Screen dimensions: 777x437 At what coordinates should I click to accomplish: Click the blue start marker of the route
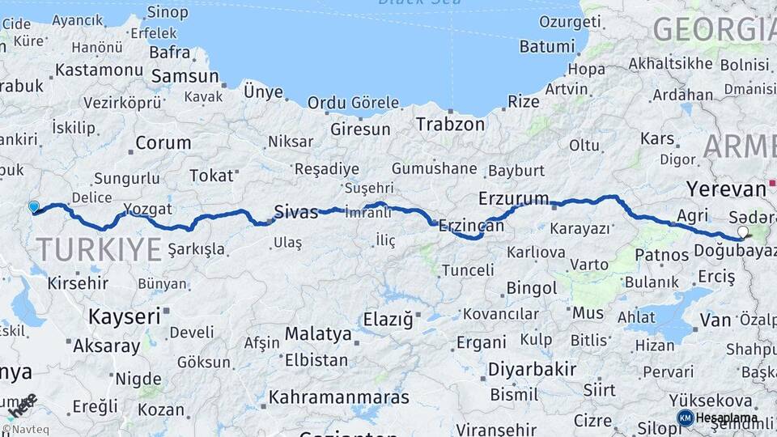pos(34,207)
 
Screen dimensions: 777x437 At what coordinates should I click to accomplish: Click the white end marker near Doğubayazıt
pos(743,232)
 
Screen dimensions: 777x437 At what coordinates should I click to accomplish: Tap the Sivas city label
pos(296,212)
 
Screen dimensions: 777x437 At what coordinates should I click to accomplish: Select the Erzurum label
pos(513,198)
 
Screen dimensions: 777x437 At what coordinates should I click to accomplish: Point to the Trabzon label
pos(450,124)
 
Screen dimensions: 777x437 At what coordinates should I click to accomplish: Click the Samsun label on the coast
pos(185,76)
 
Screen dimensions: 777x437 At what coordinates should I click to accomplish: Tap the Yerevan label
pos(726,189)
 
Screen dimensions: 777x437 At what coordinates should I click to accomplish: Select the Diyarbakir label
pos(532,370)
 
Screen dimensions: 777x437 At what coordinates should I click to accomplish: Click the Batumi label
pos(546,46)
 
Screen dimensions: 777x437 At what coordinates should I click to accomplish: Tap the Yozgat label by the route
pos(147,209)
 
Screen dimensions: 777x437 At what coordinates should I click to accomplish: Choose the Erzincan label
pos(471,227)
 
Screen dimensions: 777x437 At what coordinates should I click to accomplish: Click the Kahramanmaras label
pos(338,397)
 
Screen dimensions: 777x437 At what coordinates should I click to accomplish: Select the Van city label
pos(715,320)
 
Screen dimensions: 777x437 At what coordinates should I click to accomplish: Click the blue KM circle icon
pos(685,418)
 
